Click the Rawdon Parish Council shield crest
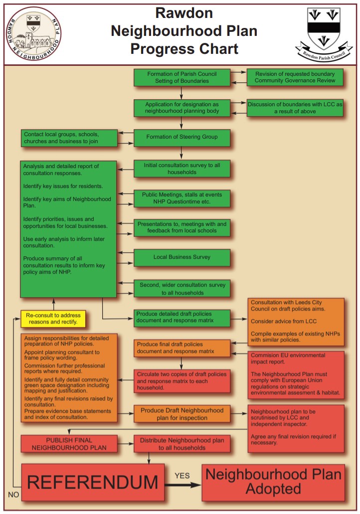(324, 28)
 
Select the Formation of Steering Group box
(181, 137)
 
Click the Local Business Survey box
(181, 257)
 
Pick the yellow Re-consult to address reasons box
(53, 318)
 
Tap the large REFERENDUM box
(92, 482)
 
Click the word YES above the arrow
(182, 475)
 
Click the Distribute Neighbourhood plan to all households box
(181, 444)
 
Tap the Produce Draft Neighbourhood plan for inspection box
(181, 414)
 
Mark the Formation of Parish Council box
(181, 77)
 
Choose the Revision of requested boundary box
(295, 77)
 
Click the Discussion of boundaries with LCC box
(295, 108)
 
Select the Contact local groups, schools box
(69, 138)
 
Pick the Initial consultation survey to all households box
(181, 169)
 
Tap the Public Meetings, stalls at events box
(181, 198)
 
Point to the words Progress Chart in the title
(184, 49)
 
